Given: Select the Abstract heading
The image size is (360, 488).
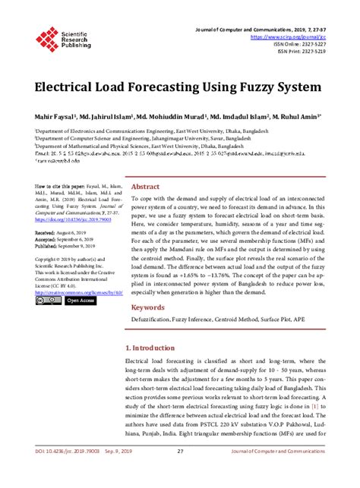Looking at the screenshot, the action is tap(145, 187).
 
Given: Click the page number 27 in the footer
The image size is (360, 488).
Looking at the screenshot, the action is tap(181, 474).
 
